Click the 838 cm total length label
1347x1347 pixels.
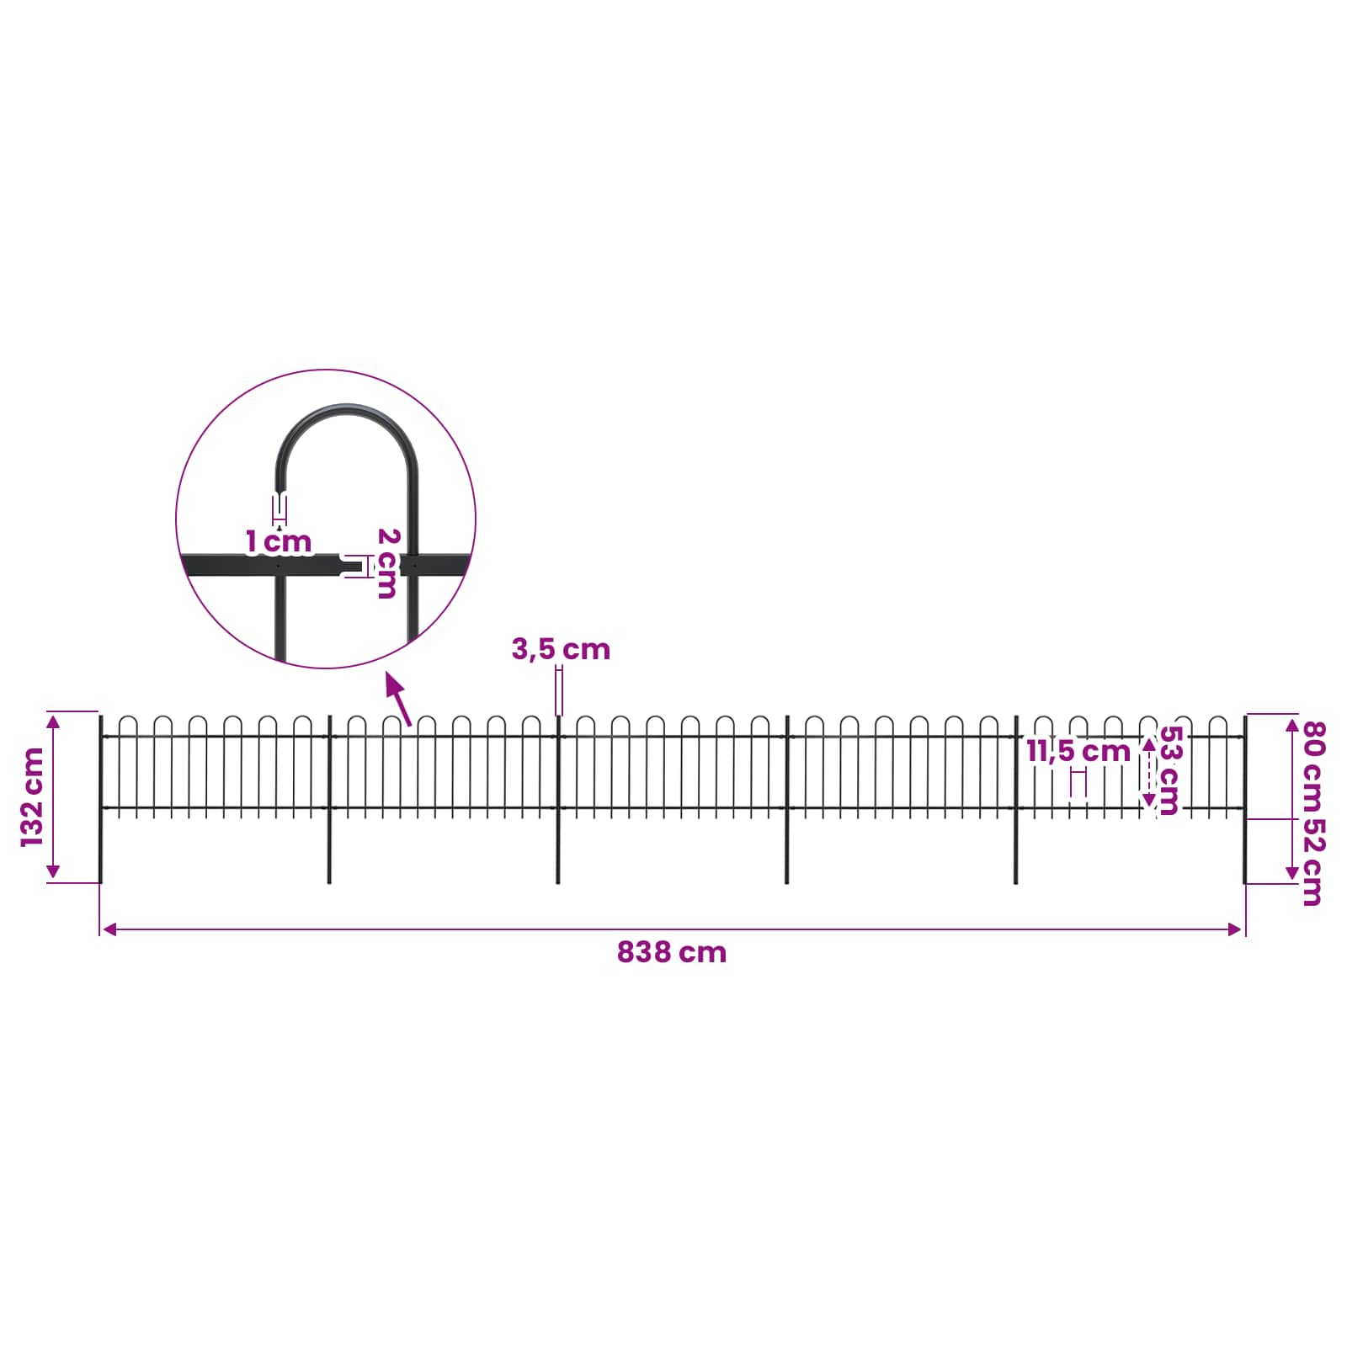click(671, 952)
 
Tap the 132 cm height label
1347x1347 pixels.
click(33, 796)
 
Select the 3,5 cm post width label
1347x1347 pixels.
click(561, 649)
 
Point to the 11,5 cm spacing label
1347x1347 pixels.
click(1078, 751)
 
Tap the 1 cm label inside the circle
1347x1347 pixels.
click(279, 542)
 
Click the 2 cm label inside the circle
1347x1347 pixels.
click(387, 563)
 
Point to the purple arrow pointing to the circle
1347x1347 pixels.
click(398, 698)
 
